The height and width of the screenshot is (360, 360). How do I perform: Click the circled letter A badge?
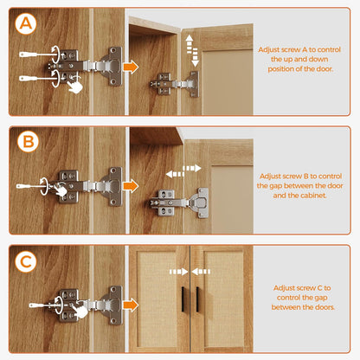click(26, 23)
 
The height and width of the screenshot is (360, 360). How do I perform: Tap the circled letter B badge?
click(28, 142)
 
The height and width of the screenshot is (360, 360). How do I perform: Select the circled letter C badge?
click(26, 262)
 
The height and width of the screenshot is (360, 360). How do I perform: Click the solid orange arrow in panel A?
click(131, 67)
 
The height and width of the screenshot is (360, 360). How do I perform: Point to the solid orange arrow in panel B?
click(131, 186)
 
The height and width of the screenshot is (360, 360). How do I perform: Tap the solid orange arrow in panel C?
click(131, 305)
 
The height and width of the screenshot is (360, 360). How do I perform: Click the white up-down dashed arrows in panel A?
click(192, 51)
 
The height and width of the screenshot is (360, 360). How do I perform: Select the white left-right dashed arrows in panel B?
click(183, 171)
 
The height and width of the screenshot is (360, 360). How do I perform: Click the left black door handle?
click(183, 299)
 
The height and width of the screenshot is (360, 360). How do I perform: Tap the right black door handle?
click(197, 299)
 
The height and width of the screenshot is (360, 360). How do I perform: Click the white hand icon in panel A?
click(75, 87)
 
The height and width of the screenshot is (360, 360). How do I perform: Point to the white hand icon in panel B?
click(61, 190)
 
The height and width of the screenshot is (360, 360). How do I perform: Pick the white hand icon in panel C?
click(80, 312)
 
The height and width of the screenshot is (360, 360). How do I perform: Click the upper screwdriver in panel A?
click(36, 55)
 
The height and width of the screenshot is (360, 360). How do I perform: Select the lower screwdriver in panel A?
click(36, 78)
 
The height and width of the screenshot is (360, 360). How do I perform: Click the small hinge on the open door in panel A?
click(174, 84)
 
